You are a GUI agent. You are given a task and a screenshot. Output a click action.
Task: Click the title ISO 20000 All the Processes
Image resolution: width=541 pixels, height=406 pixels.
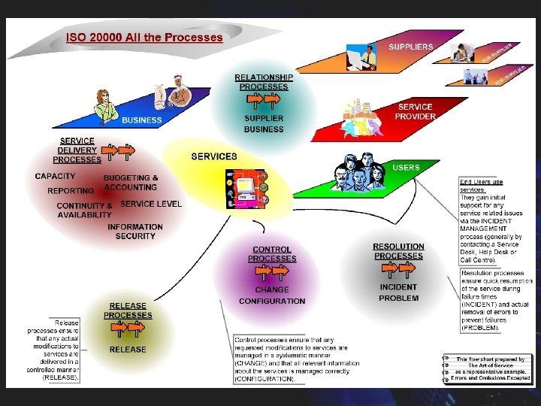(144, 37)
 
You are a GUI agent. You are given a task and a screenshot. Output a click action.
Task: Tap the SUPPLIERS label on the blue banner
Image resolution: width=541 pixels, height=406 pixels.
(410, 47)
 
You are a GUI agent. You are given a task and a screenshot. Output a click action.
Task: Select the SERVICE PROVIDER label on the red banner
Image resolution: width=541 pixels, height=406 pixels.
(416, 112)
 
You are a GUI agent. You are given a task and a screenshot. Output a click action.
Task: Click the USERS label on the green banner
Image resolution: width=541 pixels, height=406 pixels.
(406, 168)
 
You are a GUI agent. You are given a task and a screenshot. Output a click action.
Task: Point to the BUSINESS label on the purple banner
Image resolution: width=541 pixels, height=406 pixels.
(142, 120)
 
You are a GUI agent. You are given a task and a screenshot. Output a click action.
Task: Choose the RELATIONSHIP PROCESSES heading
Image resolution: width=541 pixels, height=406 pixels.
(264, 82)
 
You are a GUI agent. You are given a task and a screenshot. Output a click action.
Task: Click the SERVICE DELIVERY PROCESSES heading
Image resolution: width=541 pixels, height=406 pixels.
(77, 150)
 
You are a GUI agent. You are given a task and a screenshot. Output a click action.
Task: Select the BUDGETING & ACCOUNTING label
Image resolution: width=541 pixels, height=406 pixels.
(131, 183)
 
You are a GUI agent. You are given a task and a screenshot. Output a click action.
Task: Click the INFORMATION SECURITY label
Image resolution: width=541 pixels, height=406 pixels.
(135, 232)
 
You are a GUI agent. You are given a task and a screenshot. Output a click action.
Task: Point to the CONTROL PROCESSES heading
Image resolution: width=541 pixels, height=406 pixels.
(272, 254)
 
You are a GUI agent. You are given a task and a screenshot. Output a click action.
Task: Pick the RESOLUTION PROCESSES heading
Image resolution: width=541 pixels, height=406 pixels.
(398, 251)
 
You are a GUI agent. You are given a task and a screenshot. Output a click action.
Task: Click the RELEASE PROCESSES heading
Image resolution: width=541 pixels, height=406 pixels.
(128, 311)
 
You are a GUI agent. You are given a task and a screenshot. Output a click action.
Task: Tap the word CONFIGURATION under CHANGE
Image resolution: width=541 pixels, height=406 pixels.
(272, 301)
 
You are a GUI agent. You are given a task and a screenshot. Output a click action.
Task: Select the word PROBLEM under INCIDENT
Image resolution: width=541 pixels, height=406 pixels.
(398, 298)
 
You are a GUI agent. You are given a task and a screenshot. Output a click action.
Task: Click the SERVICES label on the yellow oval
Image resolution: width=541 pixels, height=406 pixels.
(214, 156)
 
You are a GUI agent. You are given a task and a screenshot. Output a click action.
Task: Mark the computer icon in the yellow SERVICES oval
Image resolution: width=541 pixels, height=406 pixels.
(245, 188)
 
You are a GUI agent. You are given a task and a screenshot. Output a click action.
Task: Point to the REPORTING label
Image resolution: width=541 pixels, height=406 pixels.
(71, 191)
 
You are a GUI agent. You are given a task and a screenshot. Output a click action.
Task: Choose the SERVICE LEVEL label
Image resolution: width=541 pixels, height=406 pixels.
(151, 204)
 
